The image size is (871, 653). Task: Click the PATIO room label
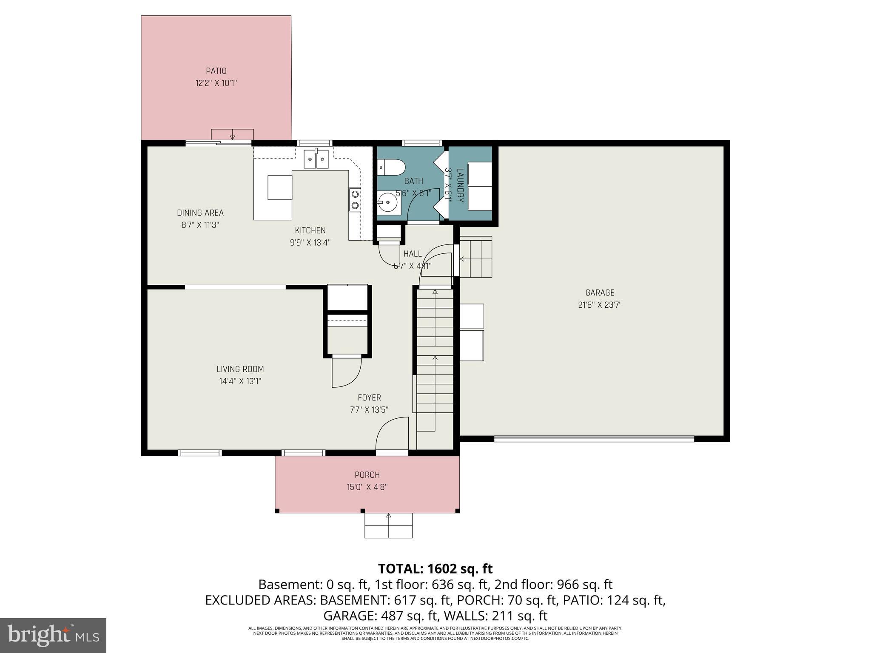coord(216,71)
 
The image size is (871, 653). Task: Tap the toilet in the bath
coord(391,167)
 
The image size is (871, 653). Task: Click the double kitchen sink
coord(316,160)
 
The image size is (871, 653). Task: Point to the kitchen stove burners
coord(355,200)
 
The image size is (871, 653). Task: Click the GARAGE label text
coord(600,292)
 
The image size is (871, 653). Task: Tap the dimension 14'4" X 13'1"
coord(240,381)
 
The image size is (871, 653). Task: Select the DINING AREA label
coord(200,213)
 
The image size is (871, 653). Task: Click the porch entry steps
coord(388,526)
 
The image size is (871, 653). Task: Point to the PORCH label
coord(367,475)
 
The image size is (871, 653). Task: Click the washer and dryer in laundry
coord(480,186)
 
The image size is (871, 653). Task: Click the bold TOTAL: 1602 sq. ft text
coord(435,568)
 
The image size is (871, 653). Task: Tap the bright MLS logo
coord(53,635)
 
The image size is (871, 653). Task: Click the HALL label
coord(413,254)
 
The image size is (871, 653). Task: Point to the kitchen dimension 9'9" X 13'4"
coord(310,243)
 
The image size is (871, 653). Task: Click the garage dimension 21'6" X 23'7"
coord(600,305)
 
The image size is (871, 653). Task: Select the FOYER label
coord(369,397)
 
